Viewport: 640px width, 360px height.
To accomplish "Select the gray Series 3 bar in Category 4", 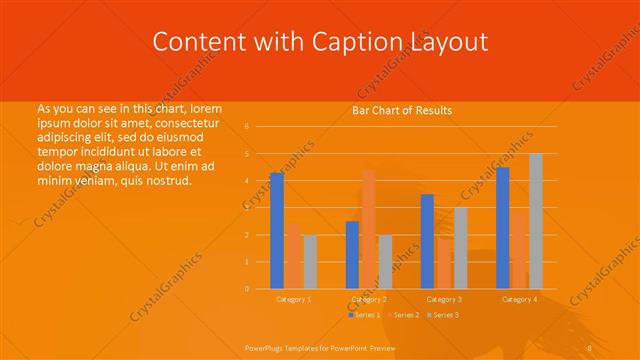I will (536, 221).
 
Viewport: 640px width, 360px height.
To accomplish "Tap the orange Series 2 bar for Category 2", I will (368, 229).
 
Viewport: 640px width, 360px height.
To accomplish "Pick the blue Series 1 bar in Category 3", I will (427, 241).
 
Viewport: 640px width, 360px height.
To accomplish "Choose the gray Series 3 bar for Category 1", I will (310, 262).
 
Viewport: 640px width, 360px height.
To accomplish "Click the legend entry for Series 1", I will (364, 315).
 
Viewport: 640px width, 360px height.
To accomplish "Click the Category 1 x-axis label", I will (294, 299).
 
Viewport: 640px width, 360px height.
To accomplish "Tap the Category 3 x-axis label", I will (444, 299).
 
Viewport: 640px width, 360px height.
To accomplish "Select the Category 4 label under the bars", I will (519, 299).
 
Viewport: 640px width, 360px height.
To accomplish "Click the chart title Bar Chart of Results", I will (402, 110).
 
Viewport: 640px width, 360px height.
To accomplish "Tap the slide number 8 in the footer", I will (590, 346).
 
